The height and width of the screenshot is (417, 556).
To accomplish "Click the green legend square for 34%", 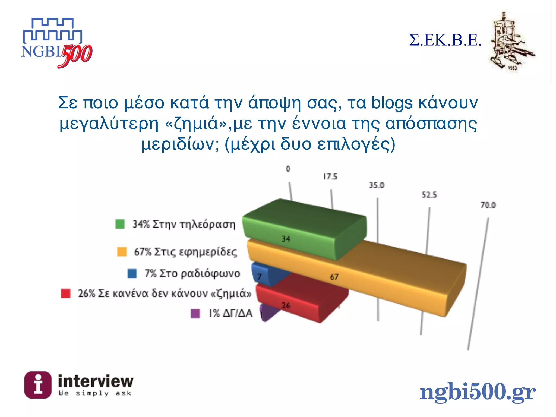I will click(x=120, y=224).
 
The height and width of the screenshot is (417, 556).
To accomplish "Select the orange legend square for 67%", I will click(x=122, y=252).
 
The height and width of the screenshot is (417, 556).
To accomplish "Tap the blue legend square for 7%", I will click(x=132, y=273).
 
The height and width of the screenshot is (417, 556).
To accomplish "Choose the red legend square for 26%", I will click(x=66, y=293).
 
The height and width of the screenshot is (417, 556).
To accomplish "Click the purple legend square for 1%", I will click(x=195, y=313).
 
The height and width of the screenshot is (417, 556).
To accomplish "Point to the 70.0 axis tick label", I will click(x=488, y=205).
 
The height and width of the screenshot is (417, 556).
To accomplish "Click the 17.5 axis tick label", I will click(x=330, y=177).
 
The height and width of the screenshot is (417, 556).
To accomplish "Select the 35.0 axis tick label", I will click(x=377, y=185).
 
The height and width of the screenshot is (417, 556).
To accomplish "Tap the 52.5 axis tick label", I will click(x=429, y=195).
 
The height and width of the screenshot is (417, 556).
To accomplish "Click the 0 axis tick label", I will click(x=288, y=169).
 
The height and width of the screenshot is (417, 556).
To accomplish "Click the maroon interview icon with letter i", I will click(x=38, y=385).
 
